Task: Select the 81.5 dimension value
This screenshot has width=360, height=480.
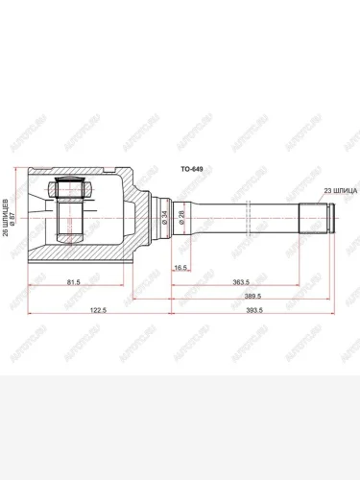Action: tap(73, 283)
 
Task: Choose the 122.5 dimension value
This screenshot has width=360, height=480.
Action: tap(92, 311)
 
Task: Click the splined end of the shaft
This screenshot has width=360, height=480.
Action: tap(315, 219)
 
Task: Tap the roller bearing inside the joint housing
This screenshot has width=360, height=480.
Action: tap(69, 208)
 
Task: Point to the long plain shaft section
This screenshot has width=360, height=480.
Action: tap(250, 219)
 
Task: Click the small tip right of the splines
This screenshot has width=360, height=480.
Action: tap(334, 219)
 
